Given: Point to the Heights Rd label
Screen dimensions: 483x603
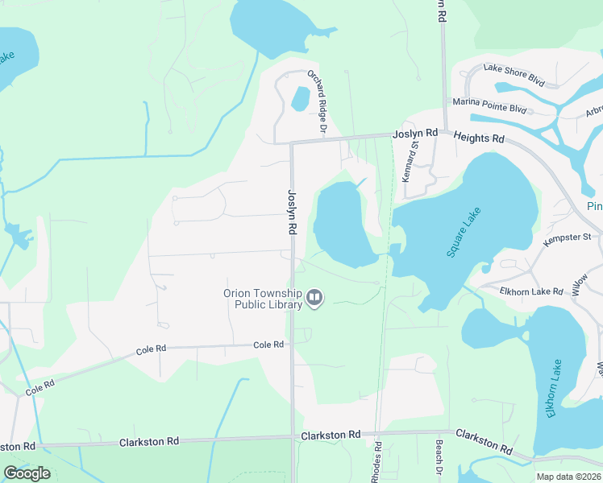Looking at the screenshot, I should [x=479, y=138].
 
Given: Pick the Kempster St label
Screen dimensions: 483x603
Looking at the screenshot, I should [x=567, y=237].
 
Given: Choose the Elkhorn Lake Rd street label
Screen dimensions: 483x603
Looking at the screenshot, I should [x=530, y=290].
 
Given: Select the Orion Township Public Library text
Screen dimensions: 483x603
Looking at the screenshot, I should [x=262, y=299].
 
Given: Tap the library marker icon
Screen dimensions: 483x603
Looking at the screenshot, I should [x=314, y=299].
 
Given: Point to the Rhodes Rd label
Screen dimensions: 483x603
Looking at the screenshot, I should [x=376, y=461].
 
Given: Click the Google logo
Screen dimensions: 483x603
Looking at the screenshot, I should [x=27, y=473].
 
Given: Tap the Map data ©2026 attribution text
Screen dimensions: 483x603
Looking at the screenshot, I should [x=568, y=477].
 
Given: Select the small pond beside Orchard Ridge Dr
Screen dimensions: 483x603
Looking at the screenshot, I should [x=299, y=99].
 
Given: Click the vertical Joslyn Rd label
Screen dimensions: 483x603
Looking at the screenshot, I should [x=291, y=212].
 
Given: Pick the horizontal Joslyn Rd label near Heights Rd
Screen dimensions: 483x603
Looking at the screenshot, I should [x=414, y=133].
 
